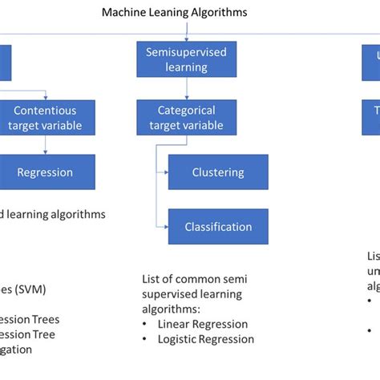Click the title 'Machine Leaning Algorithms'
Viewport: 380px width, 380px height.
(x=174, y=12)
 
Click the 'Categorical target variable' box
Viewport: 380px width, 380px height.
(x=185, y=117)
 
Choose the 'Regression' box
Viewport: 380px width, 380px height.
(x=45, y=172)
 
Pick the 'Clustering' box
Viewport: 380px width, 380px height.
(x=218, y=172)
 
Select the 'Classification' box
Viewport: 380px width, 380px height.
(x=218, y=227)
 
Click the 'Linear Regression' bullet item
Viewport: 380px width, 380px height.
(x=203, y=324)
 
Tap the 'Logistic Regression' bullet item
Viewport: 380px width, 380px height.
(x=206, y=338)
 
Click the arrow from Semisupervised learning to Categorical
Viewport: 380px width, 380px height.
(x=186, y=91)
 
